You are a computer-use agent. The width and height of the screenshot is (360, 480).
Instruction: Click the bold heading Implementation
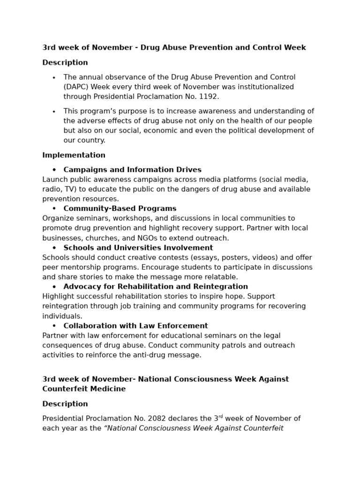coord(74,155)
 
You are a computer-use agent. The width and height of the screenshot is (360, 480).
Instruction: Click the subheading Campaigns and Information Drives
coord(132,170)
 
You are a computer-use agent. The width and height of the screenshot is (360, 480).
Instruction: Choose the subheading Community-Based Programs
coord(120,209)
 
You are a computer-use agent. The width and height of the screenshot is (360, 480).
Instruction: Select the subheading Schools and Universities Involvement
coord(138,247)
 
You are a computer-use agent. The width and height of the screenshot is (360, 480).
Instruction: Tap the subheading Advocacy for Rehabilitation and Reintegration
coord(156,286)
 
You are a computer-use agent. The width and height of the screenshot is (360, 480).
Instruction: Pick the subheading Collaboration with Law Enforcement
coord(135,326)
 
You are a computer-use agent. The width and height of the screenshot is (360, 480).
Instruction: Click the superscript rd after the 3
coord(220,416)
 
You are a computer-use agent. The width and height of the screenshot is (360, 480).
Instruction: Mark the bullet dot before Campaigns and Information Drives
coord(54,170)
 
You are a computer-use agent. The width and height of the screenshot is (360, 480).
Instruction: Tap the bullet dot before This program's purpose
coord(54,112)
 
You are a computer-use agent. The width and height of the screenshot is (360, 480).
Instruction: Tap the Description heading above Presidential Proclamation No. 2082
coord(65,404)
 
